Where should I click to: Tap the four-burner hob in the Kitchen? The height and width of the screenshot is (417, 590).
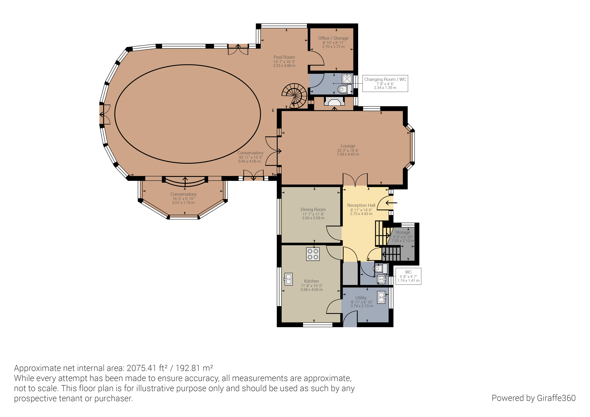[x=313, y=254]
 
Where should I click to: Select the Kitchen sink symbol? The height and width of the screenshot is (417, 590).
[x=288, y=279]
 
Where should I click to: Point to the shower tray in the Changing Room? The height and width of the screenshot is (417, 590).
[x=347, y=78]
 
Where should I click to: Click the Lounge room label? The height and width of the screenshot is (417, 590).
[x=348, y=146]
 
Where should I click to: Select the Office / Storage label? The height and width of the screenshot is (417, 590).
[x=333, y=38]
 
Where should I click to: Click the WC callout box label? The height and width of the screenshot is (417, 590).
[x=408, y=276]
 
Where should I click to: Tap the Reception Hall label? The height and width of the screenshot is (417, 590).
[x=361, y=205]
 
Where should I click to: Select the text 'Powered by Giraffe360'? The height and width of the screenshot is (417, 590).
[x=534, y=398]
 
